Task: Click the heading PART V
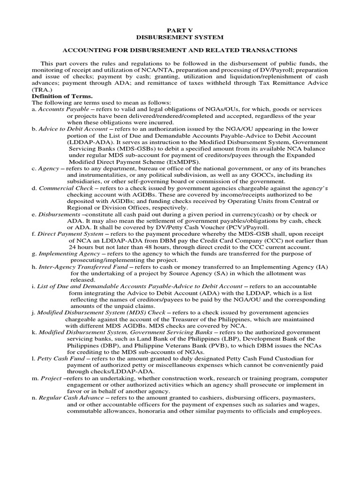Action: (x=180, y=29)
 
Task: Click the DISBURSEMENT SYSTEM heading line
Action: (x=180, y=36)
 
